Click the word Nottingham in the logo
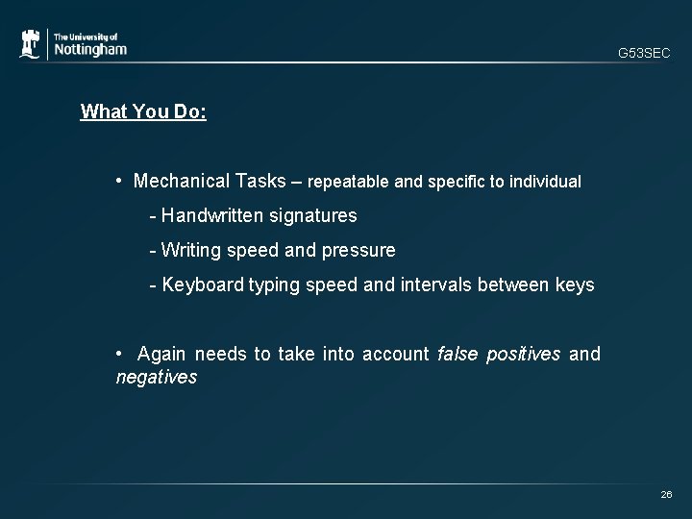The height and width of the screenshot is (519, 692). tap(89, 49)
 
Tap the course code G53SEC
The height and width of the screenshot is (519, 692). tap(644, 54)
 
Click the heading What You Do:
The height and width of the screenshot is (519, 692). tap(143, 111)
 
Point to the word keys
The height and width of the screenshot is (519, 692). tap(576, 285)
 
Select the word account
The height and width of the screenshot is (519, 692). tap(396, 355)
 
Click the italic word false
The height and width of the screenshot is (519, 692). tap(457, 355)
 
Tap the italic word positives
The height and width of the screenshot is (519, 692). tap(524, 355)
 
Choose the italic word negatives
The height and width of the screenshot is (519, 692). tap(156, 378)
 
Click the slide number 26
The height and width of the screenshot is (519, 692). tap(665, 494)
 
